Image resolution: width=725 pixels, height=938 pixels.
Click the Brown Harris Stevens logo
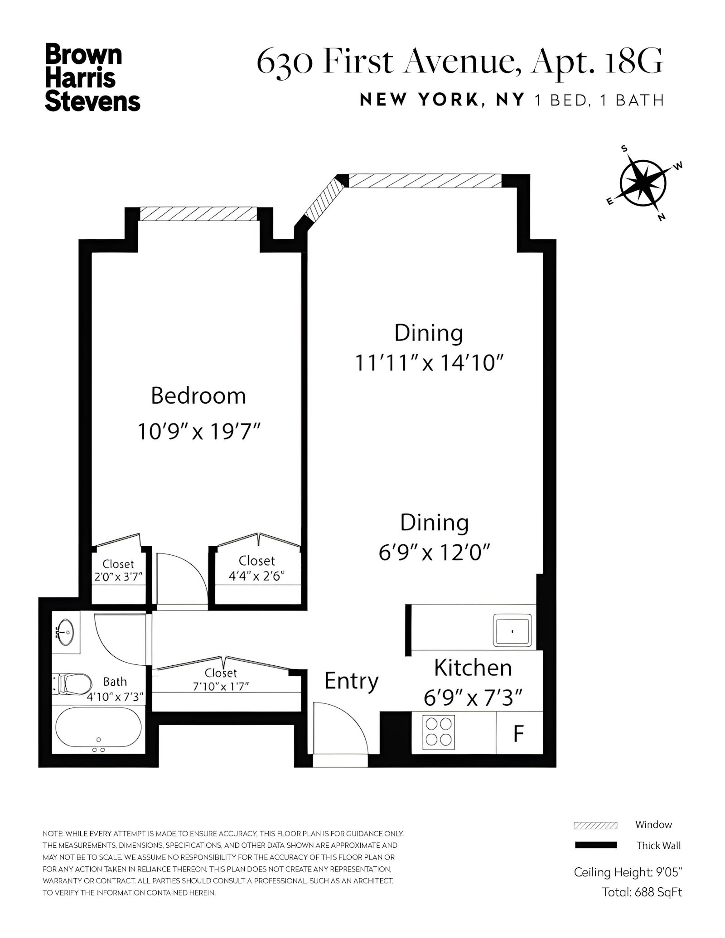(x=92, y=77)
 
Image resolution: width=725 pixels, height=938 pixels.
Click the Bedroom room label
(x=198, y=396)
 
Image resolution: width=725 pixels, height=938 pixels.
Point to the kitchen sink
(x=512, y=630)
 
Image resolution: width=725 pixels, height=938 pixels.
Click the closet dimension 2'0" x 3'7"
(x=118, y=577)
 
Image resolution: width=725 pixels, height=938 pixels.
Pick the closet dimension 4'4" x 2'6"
(x=257, y=577)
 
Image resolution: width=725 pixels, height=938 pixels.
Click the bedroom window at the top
(x=198, y=214)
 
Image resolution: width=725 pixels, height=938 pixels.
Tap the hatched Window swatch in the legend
(x=595, y=825)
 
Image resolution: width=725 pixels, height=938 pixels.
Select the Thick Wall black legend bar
(x=595, y=845)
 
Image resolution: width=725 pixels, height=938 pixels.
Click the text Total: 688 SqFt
(x=642, y=905)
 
